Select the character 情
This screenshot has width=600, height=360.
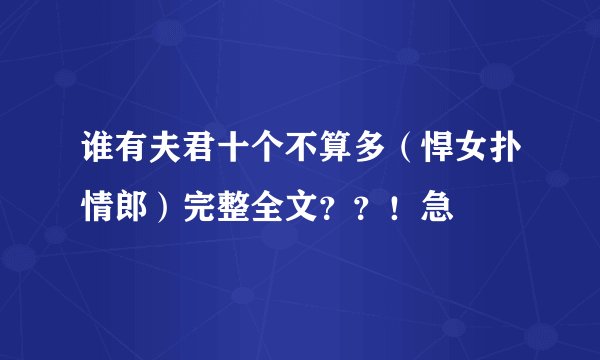click(99, 208)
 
